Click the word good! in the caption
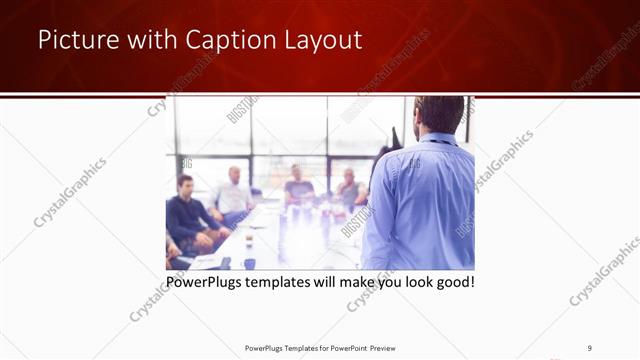coord(453,282)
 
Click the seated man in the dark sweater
coord(188,215)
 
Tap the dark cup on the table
coord(247,263)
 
